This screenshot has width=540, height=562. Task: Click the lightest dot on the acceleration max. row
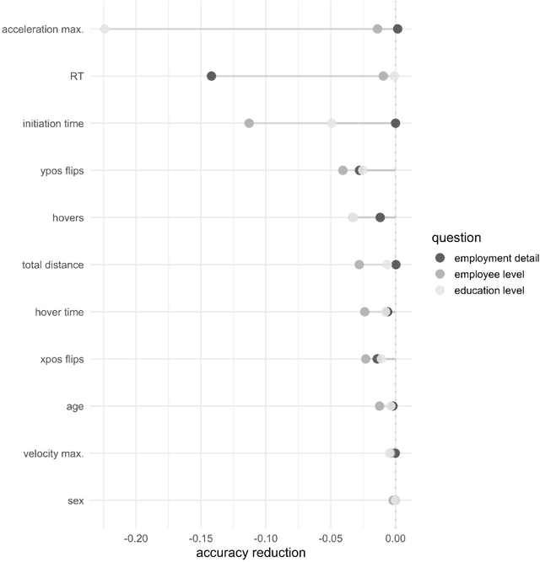pos(105,29)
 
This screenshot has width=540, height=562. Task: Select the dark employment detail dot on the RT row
pos(211,76)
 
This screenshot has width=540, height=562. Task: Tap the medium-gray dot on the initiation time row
pos(249,123)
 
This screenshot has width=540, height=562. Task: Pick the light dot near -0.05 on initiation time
pos(332,123)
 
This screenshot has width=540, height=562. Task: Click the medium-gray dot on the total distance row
pos(359,265)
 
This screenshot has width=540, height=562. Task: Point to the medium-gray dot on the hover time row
pos(364,312)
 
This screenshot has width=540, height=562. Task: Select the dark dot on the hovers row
pos(380,217)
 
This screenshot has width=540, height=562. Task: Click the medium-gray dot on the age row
pos(380,406)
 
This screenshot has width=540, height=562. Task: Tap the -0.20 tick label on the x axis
pos(136,538)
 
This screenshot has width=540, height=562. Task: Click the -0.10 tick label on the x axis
pos(266,538)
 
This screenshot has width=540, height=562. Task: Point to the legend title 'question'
pos(456,238)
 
